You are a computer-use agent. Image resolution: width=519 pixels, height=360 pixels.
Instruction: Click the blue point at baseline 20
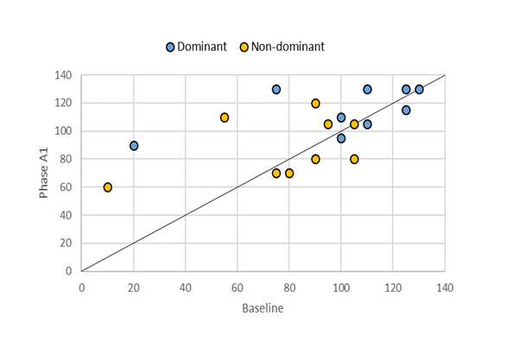[x=134, y=146]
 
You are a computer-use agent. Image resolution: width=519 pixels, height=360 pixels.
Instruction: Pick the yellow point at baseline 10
[x=108, y=187]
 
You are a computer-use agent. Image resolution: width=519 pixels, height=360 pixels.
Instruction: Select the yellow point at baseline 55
[x=225, y=117]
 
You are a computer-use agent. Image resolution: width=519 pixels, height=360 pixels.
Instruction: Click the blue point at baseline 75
[x=276, y=90]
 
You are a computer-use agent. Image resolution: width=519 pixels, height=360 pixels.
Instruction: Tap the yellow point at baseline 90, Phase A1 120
[x=315, y=104]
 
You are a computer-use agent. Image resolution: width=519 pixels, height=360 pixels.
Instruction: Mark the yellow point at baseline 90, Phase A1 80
[x=315, y=159]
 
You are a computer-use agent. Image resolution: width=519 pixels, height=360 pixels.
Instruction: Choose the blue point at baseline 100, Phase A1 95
[x=341, y=138]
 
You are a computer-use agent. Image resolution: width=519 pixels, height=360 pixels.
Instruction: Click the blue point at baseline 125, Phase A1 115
[x=406, y=111]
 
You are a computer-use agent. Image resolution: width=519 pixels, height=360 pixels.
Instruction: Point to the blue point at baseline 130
[x=419, y=90]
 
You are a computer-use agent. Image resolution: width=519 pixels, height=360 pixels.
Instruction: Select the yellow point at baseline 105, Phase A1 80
[x=354, y=159]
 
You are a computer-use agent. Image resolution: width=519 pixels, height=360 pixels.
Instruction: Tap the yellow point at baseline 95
[x=328, y=124]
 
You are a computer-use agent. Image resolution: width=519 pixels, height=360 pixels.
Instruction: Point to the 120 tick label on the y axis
[x=62, y=104]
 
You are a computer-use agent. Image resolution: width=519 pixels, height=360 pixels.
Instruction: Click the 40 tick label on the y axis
[x=65, y=215]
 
